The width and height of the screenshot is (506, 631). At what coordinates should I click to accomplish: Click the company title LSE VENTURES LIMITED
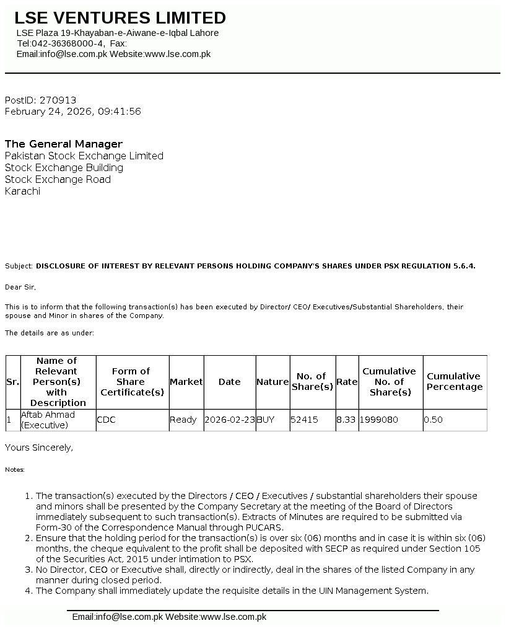tap(120, 18)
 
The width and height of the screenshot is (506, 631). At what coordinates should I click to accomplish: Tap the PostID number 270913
tap(58, 100)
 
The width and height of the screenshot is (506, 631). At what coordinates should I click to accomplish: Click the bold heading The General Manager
tap(64, 144)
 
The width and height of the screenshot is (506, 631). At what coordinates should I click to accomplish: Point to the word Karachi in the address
tap(22, 191)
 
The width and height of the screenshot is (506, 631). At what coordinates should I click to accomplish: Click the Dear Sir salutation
tap(20, 287)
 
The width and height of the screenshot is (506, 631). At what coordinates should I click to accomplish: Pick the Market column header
tap(186, 382)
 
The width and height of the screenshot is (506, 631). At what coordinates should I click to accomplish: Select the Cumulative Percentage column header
tap(455, 381)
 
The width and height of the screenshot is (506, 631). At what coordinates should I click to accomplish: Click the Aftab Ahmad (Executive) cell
tap(48, 420)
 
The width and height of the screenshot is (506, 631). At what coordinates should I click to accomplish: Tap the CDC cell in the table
tap(106, 420)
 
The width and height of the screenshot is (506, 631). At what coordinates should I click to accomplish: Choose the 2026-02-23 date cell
tap(229, 420)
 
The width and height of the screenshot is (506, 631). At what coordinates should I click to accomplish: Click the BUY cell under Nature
tap(265, 420)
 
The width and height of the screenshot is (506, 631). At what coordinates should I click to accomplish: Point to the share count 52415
tap(304, 420)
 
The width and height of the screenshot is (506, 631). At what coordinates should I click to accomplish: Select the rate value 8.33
tap(346, 420)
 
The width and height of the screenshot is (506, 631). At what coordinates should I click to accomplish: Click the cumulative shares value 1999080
tap(379, 420)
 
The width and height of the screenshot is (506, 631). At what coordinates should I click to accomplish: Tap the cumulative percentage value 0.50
tap(434, 420)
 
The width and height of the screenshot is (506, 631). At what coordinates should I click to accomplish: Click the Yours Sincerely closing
tap(39, 447)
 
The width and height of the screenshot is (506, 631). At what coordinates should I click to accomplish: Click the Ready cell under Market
tap(183, 420)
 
